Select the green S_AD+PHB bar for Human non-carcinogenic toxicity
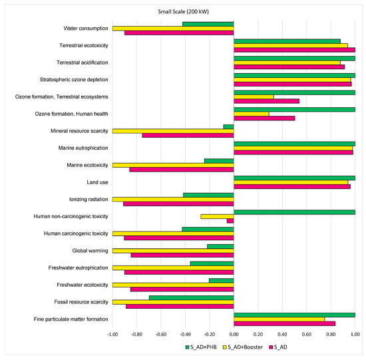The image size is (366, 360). (x=294, y=212)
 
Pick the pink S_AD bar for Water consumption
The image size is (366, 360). (x=179, y=32)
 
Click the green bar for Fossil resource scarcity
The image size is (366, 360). (x=192, y=297)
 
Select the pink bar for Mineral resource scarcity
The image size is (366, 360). (x=188, y=135)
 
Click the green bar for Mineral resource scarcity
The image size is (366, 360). (x=228, y=126)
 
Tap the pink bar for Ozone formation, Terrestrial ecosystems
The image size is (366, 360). (x=266, y=101)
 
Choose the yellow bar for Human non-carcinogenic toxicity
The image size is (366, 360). (x=217, y=216)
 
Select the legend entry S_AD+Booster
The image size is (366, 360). (x=250, y=346)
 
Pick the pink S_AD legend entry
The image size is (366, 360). (x=291, y=346)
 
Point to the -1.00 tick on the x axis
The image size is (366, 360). (x=112, y=335)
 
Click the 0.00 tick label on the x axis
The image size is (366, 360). (x=234, y=335)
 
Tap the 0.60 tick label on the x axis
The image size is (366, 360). (x=307, y=335)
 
